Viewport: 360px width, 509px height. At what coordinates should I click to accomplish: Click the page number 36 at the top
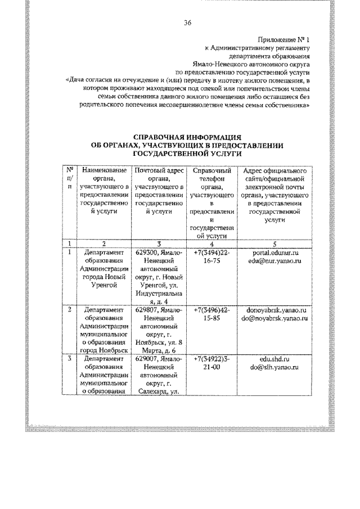coord(188,23)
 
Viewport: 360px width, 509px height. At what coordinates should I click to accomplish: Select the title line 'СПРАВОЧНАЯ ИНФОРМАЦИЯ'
coord(187,137)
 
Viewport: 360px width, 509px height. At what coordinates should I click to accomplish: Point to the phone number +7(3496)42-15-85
coord(211,314)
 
